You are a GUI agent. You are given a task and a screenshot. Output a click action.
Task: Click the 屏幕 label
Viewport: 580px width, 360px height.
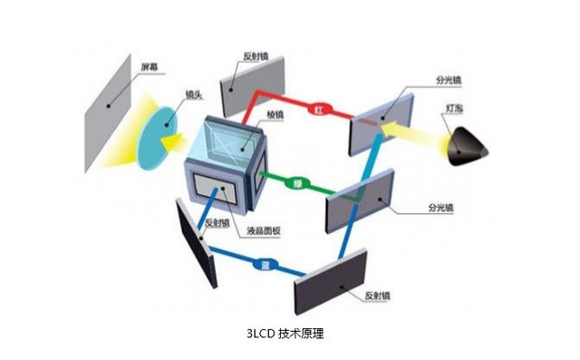tap(148, 68)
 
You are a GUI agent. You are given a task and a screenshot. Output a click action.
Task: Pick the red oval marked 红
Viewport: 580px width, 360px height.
tap(320, 109)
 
